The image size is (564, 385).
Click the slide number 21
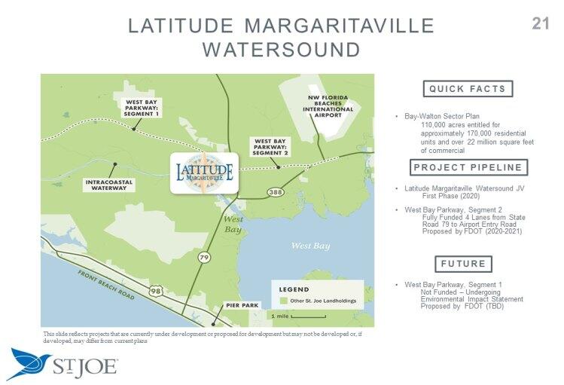540,23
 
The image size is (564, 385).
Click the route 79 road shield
205,258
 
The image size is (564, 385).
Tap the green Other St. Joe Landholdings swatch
284,301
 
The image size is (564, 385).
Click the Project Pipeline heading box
468,167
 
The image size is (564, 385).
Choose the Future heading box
464,264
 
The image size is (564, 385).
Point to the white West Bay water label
310,246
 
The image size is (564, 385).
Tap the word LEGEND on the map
294,289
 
